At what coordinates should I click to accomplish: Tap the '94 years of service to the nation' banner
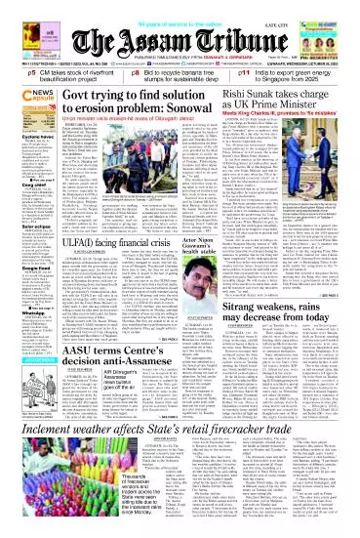179,6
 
